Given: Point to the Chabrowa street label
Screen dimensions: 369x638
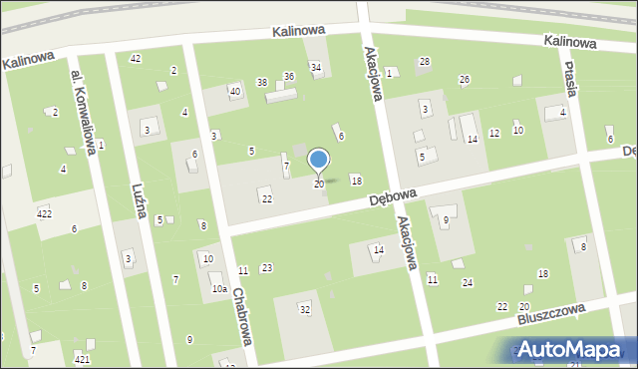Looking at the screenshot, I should point(240,318).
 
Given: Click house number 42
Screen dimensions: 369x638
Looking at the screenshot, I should point(136,59).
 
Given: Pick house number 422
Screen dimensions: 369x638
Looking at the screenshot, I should point(44,213).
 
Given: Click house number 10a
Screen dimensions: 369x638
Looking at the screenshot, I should point(218,289).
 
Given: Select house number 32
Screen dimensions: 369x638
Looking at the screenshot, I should point(305,310).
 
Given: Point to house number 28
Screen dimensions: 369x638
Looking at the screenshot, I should point(424,62).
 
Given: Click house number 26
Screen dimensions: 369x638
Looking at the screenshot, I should point(464,79).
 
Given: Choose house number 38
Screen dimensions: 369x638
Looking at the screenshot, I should point(261,83).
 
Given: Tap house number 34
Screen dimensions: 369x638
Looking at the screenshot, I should point(316,68).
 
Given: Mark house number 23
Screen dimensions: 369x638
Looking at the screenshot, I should point(266,267).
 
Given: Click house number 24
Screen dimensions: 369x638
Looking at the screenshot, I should point(467,282).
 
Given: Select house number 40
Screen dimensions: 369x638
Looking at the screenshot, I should point(235,92).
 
